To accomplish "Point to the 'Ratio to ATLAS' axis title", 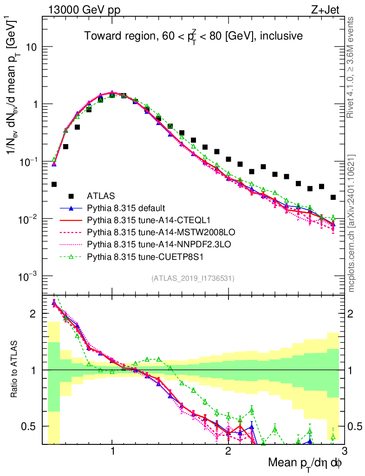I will [x=16, y=370].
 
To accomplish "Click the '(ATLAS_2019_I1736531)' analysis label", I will [x=193, y=278].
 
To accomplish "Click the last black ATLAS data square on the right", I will [x=333, y=198].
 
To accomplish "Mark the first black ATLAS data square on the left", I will [x=54, y=185].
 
